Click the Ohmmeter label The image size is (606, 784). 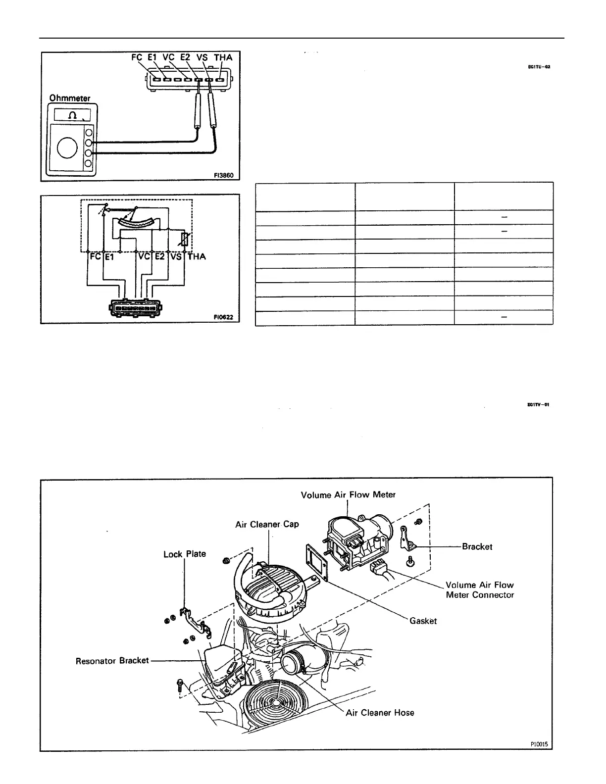[69, 98]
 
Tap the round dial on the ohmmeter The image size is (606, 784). [68, 147]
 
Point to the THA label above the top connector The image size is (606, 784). [223, 57]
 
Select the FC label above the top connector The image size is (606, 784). [137, 57]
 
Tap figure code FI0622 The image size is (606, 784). [223, 317]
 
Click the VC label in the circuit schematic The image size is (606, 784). [144, 256]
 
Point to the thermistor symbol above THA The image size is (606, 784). [185, 240]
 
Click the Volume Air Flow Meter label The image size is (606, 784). [348, 494]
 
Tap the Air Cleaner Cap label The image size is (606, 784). [267, 524]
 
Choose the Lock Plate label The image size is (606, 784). [184, 554]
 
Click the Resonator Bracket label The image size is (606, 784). [112, 661]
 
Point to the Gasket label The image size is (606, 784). [423, 621]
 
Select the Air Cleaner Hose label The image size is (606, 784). [380, 713]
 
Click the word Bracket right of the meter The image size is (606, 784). [477, 546]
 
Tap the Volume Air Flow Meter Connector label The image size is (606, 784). [480, 590]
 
